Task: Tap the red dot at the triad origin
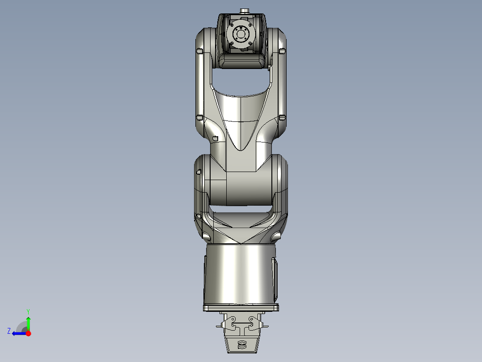[x=28, y=333]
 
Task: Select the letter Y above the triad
[x=28, y=311]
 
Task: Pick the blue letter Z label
[x=9, y=331]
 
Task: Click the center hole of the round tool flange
[x=241, y=34]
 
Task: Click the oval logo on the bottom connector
[x=242, y=345]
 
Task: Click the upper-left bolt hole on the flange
[x=235, y=28]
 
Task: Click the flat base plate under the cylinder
[x=241, y=308]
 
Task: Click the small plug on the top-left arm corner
[x=199, y=52]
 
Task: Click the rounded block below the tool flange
[x=242, y=61]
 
